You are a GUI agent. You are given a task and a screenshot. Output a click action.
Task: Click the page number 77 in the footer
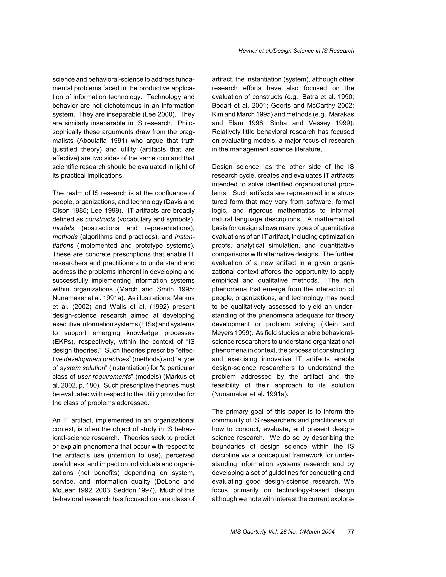tap(351, 531)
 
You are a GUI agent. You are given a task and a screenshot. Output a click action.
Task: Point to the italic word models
tap(63, 228)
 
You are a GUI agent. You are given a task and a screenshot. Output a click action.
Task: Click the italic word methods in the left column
tap(65, 237)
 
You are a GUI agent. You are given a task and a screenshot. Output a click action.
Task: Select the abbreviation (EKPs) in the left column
tap(64, 342)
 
